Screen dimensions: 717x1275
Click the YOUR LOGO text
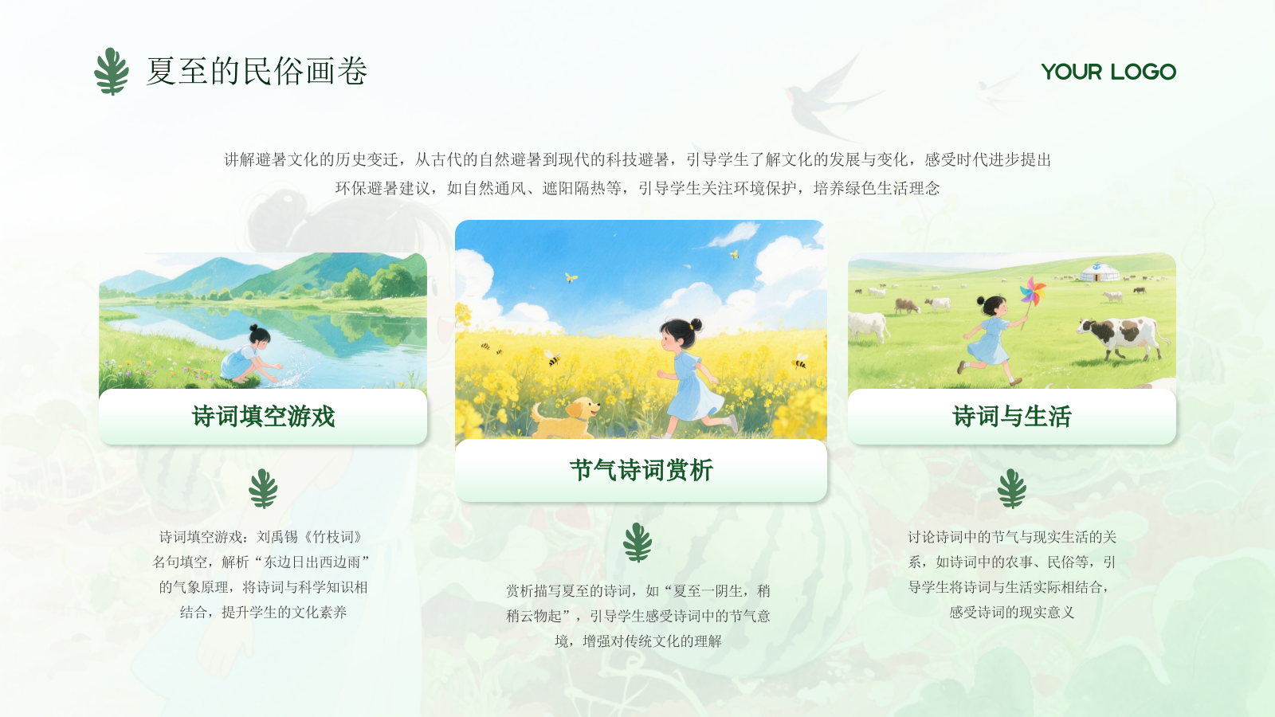(x=1108, y=72)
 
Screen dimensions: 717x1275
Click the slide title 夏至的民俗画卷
(x=257, y=72)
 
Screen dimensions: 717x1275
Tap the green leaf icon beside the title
(x=112, y=72)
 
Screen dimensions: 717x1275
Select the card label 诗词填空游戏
(x=263, y=417)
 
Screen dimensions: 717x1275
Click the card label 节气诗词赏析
(x=641, y=470)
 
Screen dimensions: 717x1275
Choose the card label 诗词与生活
(x=1011, y=417)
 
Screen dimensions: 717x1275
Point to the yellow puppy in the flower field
(x=566, y=417)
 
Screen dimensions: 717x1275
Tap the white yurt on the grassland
(x=1100, y=272)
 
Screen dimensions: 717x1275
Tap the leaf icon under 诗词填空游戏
(x=263, y=488)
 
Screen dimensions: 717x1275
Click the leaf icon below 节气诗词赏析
(x=637, y=543)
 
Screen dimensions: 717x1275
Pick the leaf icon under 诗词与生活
(x=1012, y=488)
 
